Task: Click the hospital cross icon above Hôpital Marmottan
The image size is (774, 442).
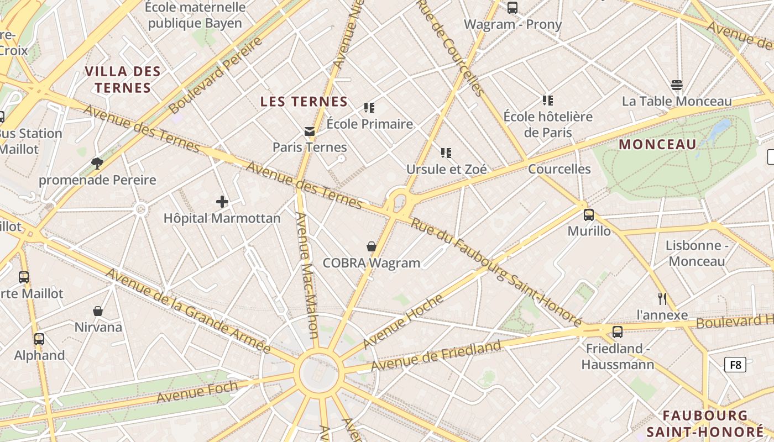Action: point(222,202)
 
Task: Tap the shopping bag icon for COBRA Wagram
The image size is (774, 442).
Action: point(372,246)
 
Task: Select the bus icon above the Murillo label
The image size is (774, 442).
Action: point(589,215)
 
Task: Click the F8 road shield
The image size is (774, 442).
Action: point(735,365)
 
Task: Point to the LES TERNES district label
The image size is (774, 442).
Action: point(304,102)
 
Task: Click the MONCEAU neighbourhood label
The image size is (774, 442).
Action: point(657,145)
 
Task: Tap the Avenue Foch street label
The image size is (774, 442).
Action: point(197,392)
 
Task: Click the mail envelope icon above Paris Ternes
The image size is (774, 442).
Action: point(309,131)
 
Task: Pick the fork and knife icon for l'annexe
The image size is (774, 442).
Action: point(662,299)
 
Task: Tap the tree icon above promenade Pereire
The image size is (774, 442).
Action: point(97,163)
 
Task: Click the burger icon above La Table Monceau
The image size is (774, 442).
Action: point(676,85)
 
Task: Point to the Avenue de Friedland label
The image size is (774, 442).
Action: point(436,356)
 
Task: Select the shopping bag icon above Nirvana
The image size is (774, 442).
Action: point(98,311)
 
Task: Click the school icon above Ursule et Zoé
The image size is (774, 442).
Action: point(446,152)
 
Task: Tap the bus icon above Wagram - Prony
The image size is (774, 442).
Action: point(512,8)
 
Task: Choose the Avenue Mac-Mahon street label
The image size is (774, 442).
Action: point(307,275)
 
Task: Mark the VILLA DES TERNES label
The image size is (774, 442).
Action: point(123,80)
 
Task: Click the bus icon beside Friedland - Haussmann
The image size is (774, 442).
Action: point(618,332)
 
